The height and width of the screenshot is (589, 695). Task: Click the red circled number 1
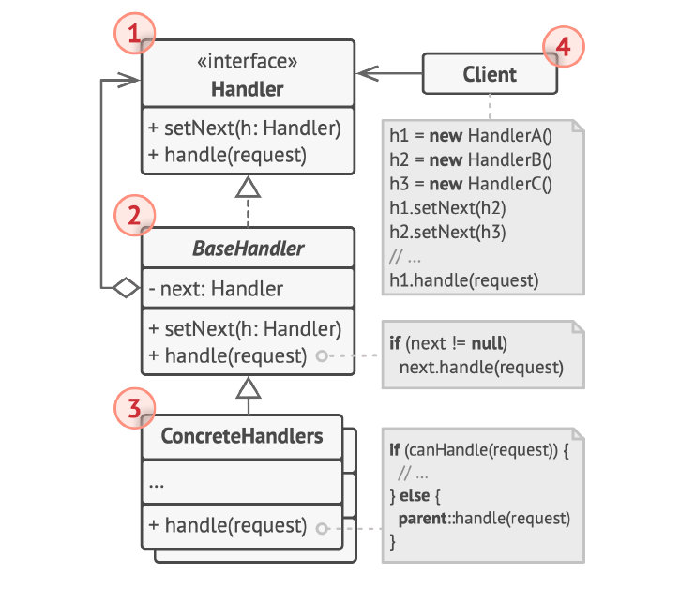133,36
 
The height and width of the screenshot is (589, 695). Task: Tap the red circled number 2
133,218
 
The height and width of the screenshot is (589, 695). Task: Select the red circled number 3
133,408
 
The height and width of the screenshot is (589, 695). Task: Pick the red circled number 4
564,45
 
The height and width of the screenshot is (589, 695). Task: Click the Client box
490,74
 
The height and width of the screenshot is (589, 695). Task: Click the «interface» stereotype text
248,63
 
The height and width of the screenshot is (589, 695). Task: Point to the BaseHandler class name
248,249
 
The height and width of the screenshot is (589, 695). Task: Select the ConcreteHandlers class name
242,436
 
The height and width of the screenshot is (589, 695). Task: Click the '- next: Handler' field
216,289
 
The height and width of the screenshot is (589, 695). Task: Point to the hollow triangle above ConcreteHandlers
248,386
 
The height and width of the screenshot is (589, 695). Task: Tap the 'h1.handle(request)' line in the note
464,279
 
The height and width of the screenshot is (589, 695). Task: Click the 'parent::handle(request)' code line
484,517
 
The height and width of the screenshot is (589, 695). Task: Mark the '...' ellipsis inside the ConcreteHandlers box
158,484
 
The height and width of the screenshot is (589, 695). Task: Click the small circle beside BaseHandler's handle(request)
321,356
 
